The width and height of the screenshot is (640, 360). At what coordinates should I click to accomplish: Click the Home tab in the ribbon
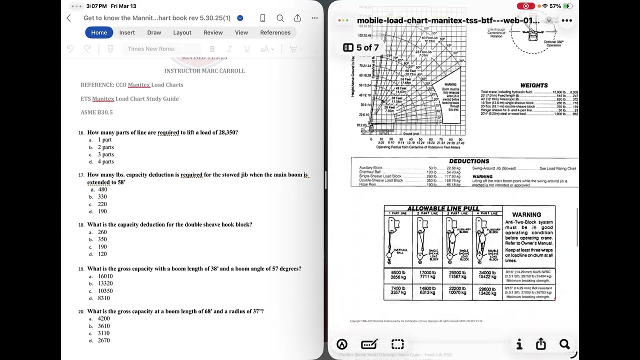(99, 32)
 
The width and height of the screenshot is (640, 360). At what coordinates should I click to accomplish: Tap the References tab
(275, 32)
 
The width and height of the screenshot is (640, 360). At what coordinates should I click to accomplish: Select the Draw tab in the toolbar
(154, 32)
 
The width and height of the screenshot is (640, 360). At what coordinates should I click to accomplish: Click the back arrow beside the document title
(69, 18)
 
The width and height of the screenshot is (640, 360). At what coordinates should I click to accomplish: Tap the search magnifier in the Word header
(280, 18)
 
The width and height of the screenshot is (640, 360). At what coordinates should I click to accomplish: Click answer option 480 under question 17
(102, 189)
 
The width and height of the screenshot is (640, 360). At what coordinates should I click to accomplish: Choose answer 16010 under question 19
(105, 276)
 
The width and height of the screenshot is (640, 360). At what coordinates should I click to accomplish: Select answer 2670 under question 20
(103, 340)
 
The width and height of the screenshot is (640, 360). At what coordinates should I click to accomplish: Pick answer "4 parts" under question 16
(105, 161)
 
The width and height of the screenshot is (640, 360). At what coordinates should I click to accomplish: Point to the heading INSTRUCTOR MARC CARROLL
(204, 71)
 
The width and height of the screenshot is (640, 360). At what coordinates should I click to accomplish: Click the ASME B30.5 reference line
(96, 112)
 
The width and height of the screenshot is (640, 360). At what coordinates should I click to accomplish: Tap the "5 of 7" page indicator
(361, 47)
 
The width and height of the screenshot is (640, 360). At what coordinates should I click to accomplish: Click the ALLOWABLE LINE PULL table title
(443, 208)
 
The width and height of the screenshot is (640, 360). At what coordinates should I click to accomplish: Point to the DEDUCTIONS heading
(468, 161)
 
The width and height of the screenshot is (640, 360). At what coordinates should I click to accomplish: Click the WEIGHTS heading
(533, 85)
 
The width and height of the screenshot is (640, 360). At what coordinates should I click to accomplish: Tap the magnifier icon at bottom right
(564, 344)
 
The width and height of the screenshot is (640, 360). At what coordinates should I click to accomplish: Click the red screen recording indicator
(525, 6)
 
